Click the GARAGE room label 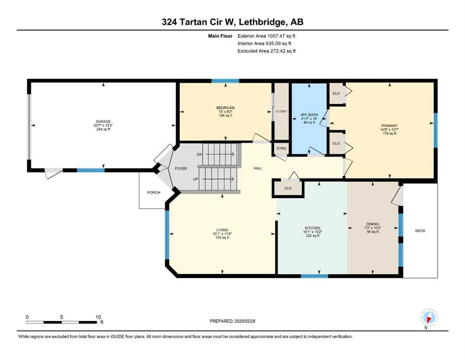103,121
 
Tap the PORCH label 154,193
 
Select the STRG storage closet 281,149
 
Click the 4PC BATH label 309,114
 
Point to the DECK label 420,231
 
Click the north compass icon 429,318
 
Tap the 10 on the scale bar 98,317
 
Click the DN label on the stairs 199,155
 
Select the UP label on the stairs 195,179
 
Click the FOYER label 181,169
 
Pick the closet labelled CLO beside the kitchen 288,188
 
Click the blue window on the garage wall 91,170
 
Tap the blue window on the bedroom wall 225,81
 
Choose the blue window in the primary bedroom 435,130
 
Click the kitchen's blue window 314,276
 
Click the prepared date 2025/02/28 244,321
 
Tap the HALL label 258,168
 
